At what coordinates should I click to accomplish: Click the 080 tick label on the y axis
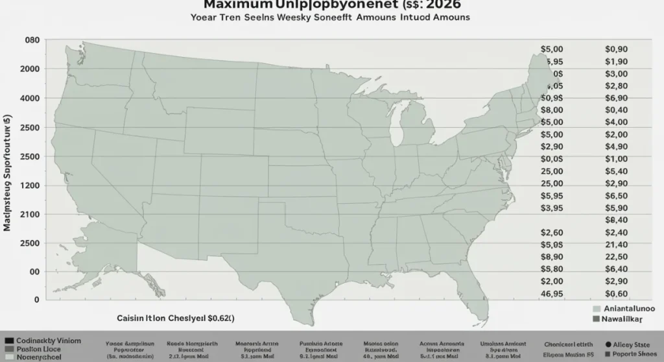tap(32, 40)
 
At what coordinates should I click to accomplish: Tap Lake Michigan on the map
tap(397, 127)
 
